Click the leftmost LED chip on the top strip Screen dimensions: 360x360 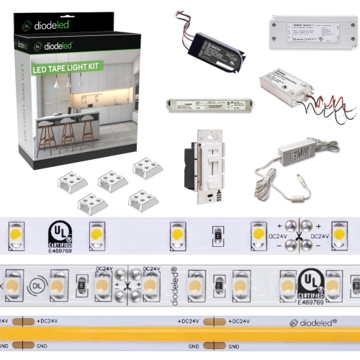pos(14,233)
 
